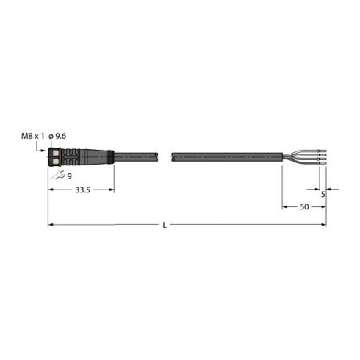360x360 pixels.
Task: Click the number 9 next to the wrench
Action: tap(69, 176)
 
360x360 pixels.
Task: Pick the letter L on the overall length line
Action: tap(165, 226)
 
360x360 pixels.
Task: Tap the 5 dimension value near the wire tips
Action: tap(323, 195)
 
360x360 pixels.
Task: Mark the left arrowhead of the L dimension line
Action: tap(51, 224)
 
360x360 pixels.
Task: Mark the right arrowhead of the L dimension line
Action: tap(324, 224)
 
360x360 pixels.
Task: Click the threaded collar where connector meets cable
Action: tap(109, 156)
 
